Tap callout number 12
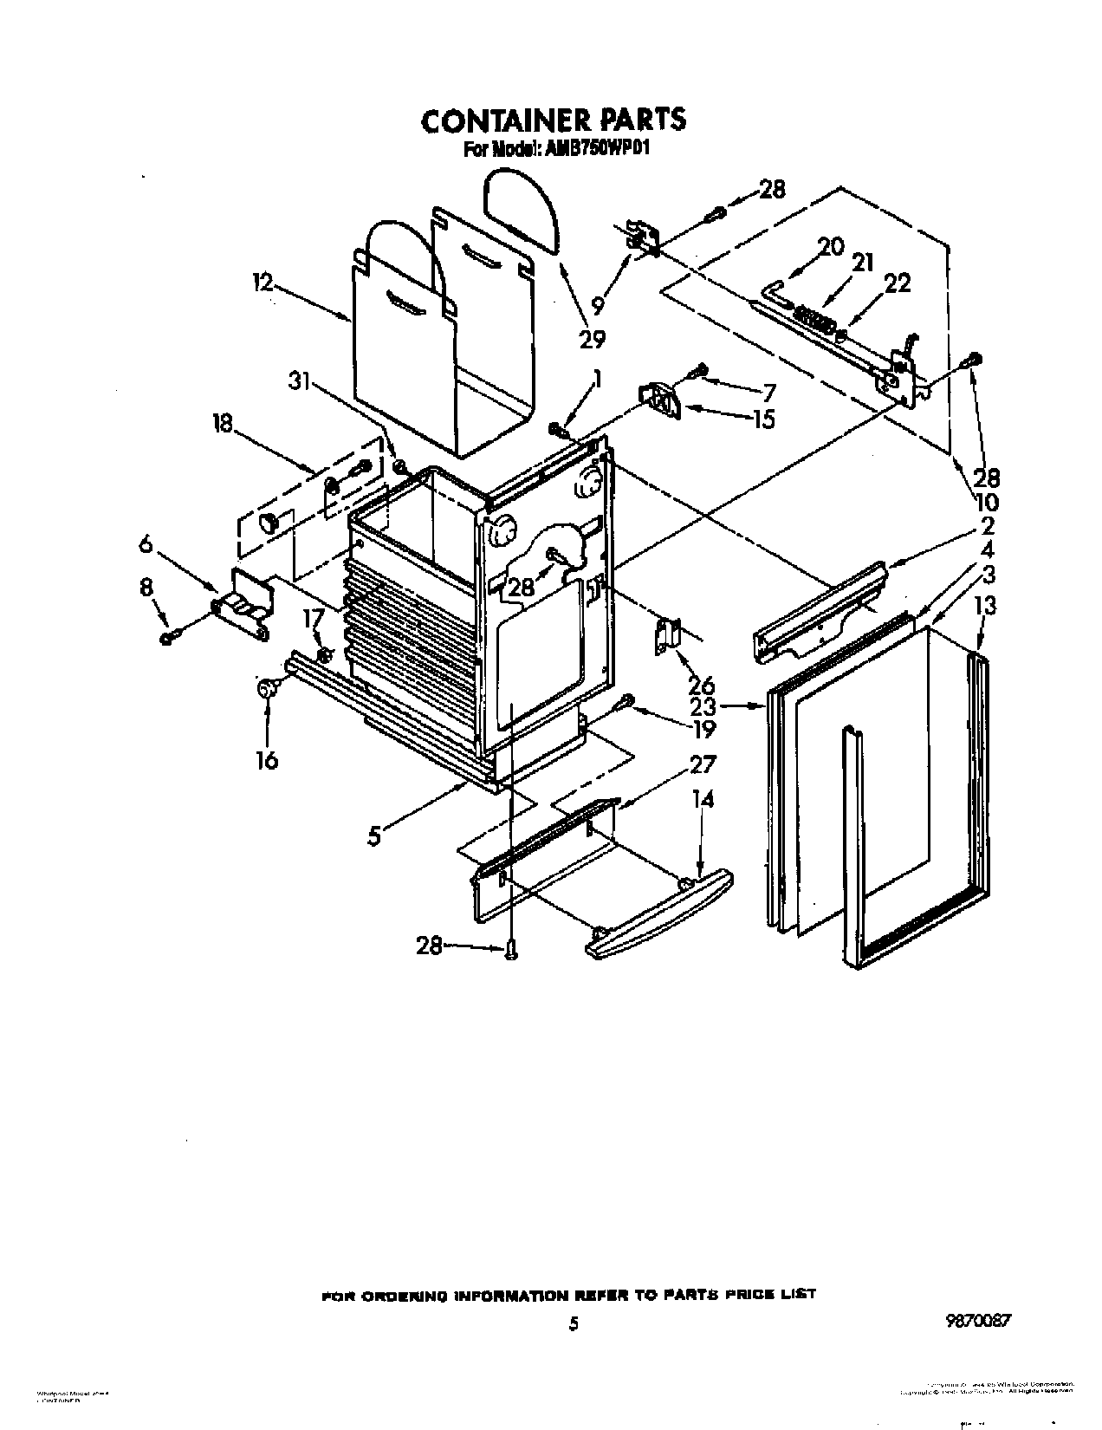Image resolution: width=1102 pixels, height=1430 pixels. [x=263, y=283]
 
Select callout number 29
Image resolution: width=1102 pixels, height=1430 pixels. [x=592, y=339]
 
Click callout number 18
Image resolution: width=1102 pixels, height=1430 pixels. [x=224, y=423]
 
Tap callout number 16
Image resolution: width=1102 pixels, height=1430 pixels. [x=267, y=760]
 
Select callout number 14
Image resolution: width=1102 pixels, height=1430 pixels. [x=703, y=798]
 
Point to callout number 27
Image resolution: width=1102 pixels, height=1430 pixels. [x=703, y=764]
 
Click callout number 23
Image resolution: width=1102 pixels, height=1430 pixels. [x=703, y=706]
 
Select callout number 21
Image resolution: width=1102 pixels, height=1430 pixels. [x=863, y=262]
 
